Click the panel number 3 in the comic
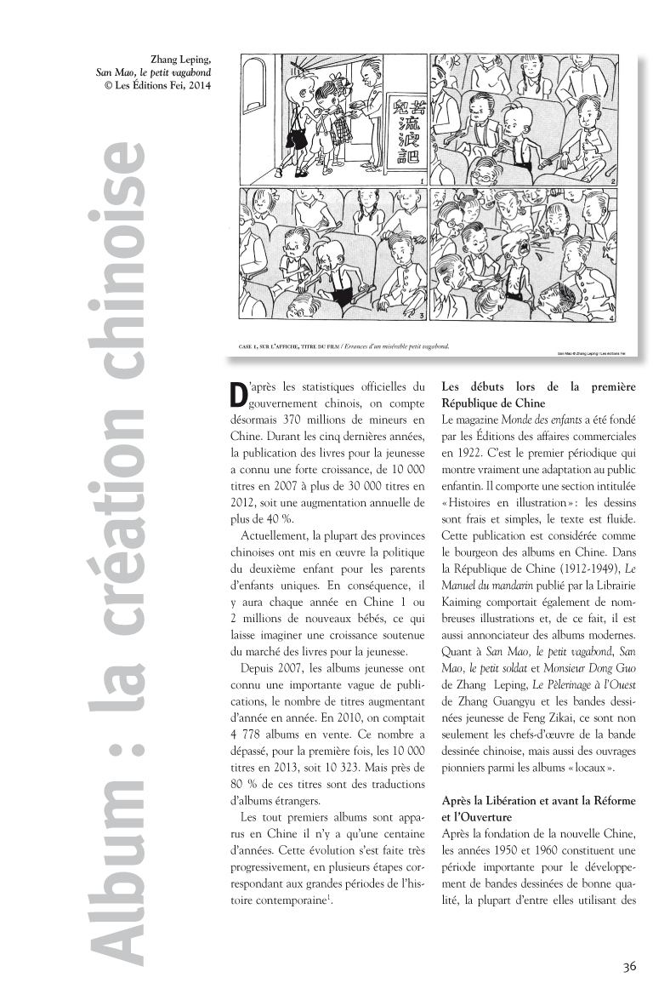423,316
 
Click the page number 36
629,965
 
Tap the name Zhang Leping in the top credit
181,59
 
